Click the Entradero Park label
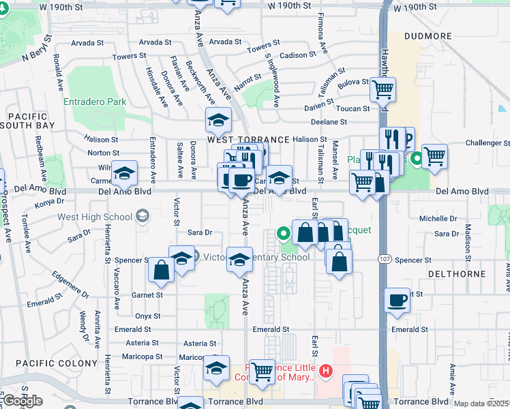95,102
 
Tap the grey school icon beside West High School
142,217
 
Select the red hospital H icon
326,372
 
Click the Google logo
22,400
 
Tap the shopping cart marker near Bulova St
383,89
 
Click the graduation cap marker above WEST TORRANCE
219,121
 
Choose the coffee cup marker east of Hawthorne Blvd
397,300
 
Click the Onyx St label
147,316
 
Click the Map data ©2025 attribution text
481,404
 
